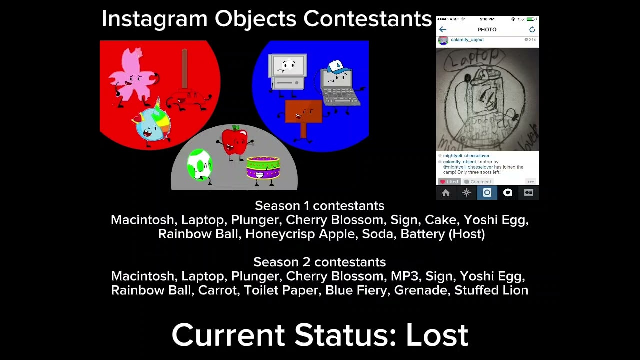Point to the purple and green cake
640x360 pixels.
(263, 167)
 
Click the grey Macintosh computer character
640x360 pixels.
(287, 72)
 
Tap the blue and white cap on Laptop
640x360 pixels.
(337, 67)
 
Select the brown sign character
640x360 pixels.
(303, 112)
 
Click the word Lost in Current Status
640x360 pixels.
(436, 335)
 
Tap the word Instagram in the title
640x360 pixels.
(154, 19)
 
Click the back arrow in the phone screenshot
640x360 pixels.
(443, 30)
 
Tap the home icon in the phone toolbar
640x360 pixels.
(446, 193)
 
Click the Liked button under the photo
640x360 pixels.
(449, 182)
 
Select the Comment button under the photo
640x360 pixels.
(478, 182)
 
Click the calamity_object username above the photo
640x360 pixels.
(467, 40)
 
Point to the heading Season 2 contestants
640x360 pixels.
(319, 262)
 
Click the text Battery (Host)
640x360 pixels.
(442, 234)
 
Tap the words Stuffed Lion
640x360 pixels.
(491, 290)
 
